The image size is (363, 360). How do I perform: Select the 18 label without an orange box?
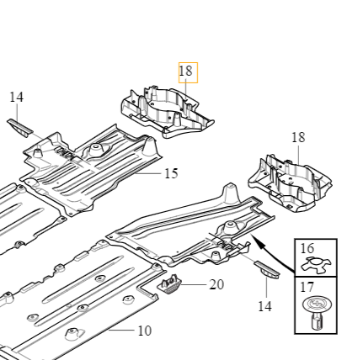(298, 138)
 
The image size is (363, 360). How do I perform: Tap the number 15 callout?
(171, 174)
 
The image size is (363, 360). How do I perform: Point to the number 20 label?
(216, 285)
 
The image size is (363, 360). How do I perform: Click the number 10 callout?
(144, 331)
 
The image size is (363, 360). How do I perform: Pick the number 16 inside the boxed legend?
(307, 249)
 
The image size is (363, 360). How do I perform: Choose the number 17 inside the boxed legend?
(307, 287)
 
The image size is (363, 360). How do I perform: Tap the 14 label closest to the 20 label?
(264, 306)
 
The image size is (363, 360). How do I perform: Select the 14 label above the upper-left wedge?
(16, 98)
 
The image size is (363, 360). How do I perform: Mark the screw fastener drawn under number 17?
(316, 312)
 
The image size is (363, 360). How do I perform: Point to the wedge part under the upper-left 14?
(19, 126)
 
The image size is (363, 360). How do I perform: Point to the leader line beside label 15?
(152, 173)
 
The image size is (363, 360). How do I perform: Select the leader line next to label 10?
(121, 331)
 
